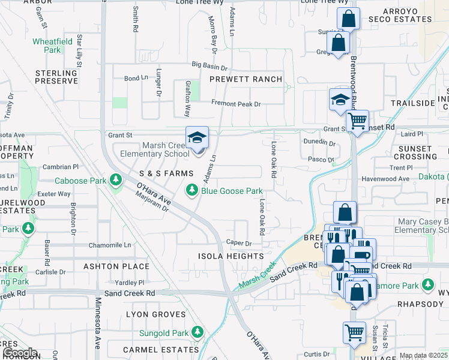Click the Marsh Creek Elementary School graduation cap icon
click(x=197, y=138)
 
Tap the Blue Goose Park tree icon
click(x=191, y=191)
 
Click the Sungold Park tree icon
click(x=197, y=332)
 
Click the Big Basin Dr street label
click(x=210, y=65)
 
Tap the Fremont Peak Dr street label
click(x=236, y=104)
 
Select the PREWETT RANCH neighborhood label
click(x=246, y=79)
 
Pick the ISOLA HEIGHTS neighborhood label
click(x=231, y=256)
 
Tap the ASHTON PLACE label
click(x=116, y=266)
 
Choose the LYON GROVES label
click(x=157, y=314)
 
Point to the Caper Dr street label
click(x=238, y=244)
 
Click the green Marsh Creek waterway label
click(x=258, y=274)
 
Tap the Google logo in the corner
click(x=19, y=353)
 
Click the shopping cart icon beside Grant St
click(x=358, y=121)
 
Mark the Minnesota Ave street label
click(x=97, y=324)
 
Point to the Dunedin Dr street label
click(x=319, y=143)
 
